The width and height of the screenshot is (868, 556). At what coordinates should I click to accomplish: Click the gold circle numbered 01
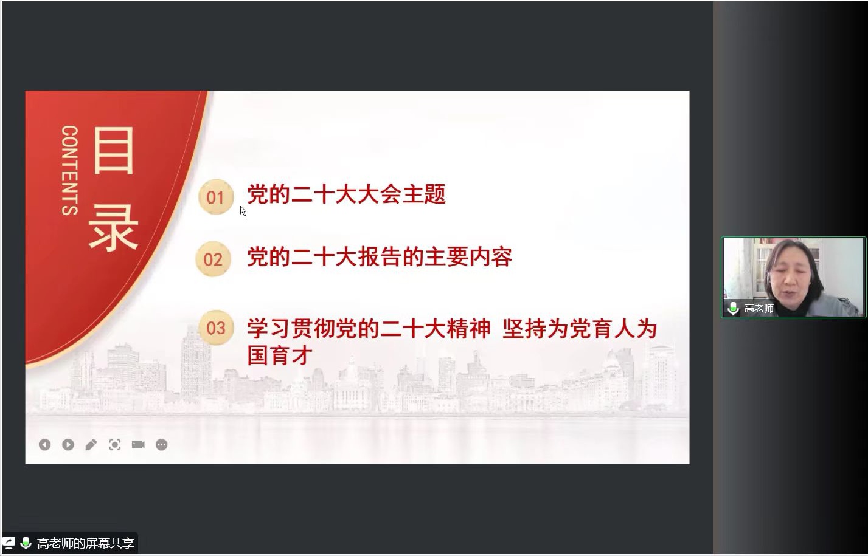[216, 197]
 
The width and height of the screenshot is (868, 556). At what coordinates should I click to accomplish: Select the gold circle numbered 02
[213, 259]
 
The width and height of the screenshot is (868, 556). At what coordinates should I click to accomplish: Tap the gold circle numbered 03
[216, 328]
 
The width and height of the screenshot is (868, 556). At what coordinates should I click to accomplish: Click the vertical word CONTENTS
[70, 170]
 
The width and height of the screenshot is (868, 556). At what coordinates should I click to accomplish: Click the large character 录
[114, 228]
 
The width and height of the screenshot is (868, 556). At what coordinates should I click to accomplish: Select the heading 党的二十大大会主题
[347, 194]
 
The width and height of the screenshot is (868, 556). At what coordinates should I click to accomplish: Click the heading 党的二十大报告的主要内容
[380, 256]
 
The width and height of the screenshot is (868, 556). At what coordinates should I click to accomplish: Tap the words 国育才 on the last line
[280, 355]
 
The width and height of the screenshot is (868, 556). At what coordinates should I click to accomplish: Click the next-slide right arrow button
[68, 445]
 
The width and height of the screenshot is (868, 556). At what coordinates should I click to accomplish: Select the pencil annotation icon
[91, 445]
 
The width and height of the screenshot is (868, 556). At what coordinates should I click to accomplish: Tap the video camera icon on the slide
[138, 444]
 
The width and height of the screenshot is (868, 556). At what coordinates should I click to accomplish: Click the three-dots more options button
[162, 445]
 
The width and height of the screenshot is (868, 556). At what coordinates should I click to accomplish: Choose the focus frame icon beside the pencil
[115, 445]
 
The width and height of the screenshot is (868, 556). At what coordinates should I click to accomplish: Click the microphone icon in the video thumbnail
[733, 308]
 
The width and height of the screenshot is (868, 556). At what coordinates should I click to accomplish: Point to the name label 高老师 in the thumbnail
[759, 308]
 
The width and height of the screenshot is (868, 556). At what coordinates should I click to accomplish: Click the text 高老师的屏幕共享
[86, 543]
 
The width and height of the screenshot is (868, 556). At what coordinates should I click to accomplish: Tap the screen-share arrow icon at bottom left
[9, 543]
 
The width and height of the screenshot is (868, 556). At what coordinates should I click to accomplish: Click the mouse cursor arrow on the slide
[243, 211]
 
